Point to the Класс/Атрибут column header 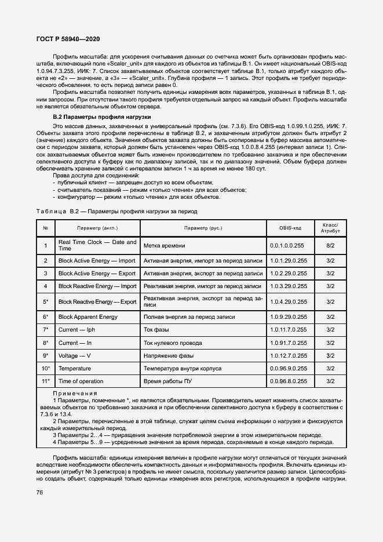(x=330, y=228)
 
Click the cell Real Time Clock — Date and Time (x=97, y=245)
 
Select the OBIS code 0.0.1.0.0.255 (x=287, y=246)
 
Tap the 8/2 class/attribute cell (x=330, y=246)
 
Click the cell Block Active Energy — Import (x=97, y=260)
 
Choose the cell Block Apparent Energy (x=88, y=317)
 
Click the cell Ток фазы (x=155, y=329)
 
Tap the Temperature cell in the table (x=74, y=368)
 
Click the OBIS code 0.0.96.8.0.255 (x=289, y=381)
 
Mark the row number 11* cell (x=45, y=381)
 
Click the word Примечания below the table (x=75, y=393)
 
